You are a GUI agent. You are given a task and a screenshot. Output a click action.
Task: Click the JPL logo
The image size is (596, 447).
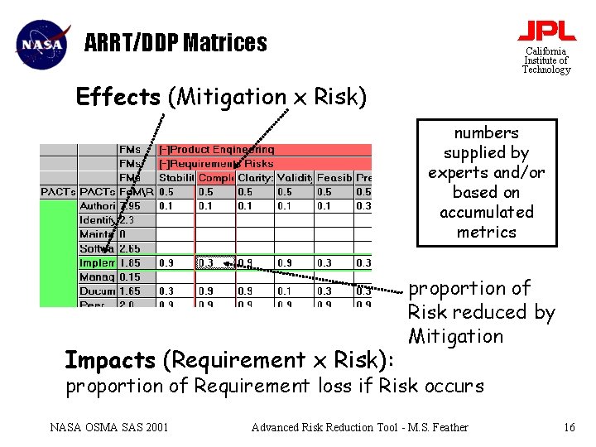[546, 31]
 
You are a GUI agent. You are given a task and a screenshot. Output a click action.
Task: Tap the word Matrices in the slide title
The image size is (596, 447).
[226, 42]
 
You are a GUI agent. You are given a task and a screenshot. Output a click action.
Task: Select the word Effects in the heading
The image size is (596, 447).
[118, 97]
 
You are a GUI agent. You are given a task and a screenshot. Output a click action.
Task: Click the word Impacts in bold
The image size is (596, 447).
[110, 360]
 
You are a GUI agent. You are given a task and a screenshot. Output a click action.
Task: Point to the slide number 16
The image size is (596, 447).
[569, 427]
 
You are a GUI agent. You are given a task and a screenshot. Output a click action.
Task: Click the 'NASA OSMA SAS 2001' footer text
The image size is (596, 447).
[109, 427]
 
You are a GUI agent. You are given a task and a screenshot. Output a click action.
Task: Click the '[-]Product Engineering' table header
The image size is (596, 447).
[217, 150]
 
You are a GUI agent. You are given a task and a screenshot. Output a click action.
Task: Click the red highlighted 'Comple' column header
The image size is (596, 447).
[216, 177]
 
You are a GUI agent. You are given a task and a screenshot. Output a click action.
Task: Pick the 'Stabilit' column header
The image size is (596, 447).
[176, 177]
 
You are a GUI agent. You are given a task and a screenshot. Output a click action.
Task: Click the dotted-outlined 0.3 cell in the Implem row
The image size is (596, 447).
[215, 263]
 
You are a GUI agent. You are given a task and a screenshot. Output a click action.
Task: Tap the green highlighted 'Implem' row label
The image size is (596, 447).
[98, 263]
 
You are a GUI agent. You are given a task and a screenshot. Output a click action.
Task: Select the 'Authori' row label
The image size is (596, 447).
[98, 205]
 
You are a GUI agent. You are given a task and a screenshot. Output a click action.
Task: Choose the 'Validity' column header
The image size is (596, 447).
[294, 177]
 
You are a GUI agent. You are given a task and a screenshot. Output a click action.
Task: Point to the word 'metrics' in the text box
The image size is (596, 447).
[487, 232]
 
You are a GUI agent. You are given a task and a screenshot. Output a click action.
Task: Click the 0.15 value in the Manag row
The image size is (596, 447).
[130, 277]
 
